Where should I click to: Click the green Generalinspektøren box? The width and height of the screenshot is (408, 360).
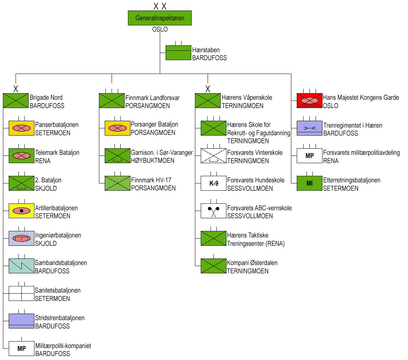click(160, 18)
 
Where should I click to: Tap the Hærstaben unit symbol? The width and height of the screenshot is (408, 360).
click(178, 53)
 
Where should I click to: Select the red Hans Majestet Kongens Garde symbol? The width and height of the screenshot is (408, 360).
click(309, 100)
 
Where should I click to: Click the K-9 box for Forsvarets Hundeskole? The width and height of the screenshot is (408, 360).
click(213, 183)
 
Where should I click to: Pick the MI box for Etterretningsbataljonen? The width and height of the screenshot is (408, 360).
click(309, 183)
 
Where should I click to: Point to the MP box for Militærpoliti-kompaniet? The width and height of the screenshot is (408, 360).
click(21, 349)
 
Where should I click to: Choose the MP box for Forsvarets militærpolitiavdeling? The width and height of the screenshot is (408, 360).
click(309, 156)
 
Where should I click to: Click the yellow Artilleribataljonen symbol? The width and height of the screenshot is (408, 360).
click(21, 211)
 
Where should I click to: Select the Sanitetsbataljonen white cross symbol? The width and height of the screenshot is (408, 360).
click(21, 293)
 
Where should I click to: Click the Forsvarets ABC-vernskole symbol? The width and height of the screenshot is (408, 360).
click(213, 211)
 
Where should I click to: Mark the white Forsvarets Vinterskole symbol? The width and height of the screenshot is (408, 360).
click(213, 156)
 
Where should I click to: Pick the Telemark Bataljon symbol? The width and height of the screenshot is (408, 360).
click(21, 156)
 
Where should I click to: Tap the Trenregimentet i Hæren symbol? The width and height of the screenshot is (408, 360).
click(309, 128)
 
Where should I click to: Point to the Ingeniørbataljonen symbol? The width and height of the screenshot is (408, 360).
click(21, 238)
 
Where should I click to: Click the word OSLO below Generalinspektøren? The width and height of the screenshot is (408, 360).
click(160, 29)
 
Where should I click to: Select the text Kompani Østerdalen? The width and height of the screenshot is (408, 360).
click(252, 263)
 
